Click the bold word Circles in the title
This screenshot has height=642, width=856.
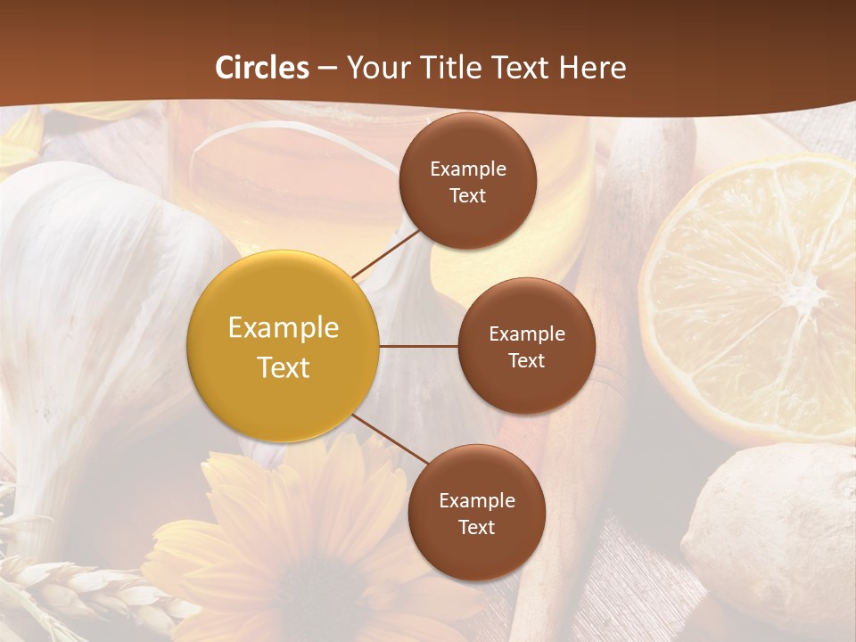coord(262,67)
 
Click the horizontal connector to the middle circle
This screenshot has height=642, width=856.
coord(418,346)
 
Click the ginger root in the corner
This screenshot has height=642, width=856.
coord(767,535)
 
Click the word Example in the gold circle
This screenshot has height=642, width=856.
coord(284,327)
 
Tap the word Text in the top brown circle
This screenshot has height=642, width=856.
coord(467,195)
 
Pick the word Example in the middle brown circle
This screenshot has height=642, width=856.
coord(527,333)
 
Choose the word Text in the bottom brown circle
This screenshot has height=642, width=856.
coord(477,527)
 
